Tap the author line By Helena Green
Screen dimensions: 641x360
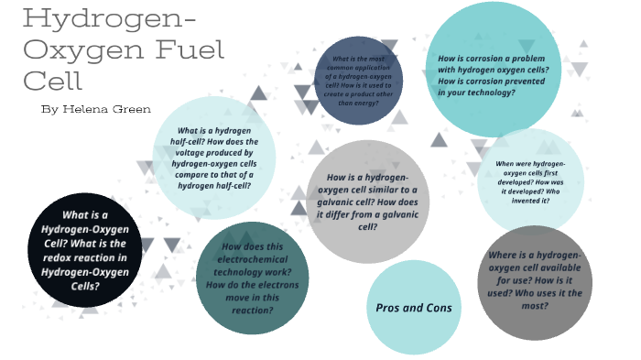coord(96,109)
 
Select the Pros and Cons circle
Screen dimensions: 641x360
coord(413,308)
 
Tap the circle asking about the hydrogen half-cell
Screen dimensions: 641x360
coord(214,158)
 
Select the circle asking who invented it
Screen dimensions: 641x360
coord(530,180)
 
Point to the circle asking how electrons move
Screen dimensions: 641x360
coord(254,277)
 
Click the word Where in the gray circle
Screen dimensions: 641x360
coord(506,254)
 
